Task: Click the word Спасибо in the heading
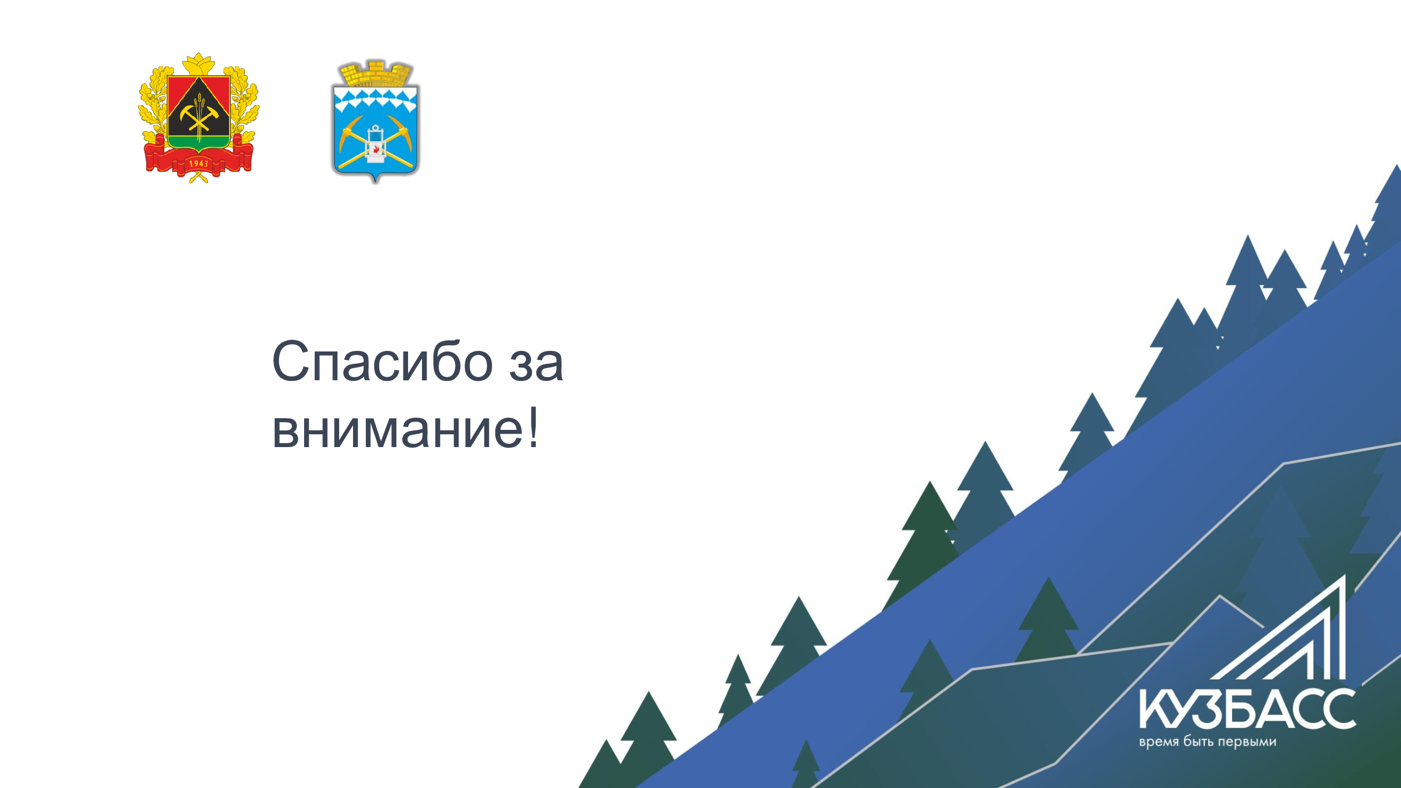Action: point(382,361)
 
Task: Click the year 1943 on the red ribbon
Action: point(198,163)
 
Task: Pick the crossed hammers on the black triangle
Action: point(198,117)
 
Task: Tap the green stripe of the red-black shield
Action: point(198,141)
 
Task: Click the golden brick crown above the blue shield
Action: point(376,73)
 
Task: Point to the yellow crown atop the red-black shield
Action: point(198,63)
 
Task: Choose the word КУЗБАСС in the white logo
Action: point(1247,709)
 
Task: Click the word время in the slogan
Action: point(1159,742)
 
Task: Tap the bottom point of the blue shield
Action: point(375,182)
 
